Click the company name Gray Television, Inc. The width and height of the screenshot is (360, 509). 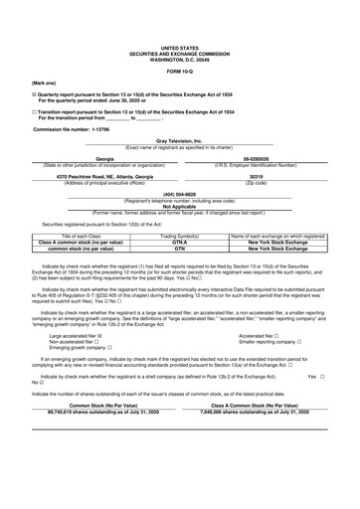click(179, 142)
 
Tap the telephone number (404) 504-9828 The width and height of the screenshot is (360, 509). click(179, 193)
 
